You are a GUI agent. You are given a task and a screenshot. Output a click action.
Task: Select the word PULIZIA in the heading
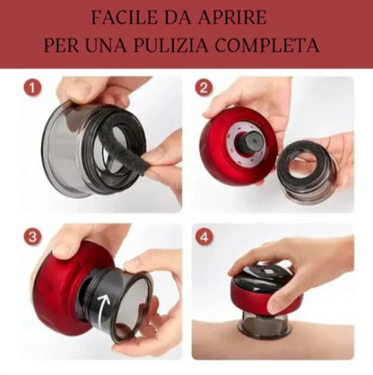click(x=171, y=46)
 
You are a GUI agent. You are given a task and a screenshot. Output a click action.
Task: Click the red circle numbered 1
click(x=32, y=89)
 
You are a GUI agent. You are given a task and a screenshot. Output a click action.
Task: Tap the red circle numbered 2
click(x=204, y=89)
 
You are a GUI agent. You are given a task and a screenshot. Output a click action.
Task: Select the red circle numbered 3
click(x=32, y=237)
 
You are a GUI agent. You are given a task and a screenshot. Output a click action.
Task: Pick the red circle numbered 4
click(x=204, y=237)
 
